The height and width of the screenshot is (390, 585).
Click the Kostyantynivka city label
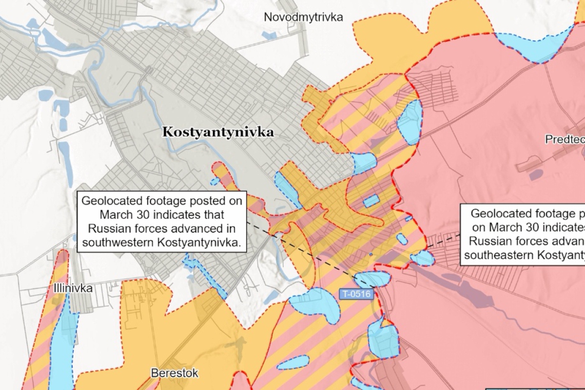click(218, 132)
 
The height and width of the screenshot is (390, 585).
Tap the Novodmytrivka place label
click(303, 17)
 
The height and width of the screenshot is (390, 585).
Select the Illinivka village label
click(73, 288)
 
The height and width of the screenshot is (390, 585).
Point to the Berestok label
click(174, 373)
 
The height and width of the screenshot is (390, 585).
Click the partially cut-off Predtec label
click(564, 139)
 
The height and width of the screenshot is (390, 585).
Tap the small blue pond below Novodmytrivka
click(268, 35)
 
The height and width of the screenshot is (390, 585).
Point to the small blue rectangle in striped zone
click(371, 201)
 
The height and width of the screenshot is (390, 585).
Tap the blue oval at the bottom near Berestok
click(294, 363)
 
